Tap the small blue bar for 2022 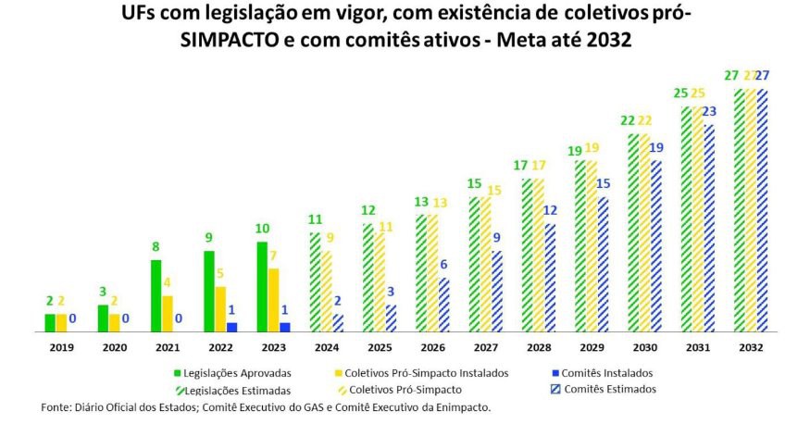pos(232,327)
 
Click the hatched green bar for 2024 pos(316,281)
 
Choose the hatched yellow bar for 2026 pos(432,273)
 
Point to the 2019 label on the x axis pos(60,348)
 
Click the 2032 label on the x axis pos(750,348)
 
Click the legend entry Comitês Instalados pos(601,372)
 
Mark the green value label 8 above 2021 pos(156,247)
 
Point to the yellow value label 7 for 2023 pos(275,256)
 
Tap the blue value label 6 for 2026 pos(443,265)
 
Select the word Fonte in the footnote pos(56,407)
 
